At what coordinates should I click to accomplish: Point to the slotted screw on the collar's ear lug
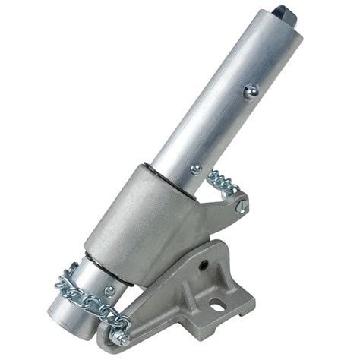242,204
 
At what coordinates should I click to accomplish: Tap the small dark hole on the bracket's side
205,265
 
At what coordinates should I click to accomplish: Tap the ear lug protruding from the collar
228,205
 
